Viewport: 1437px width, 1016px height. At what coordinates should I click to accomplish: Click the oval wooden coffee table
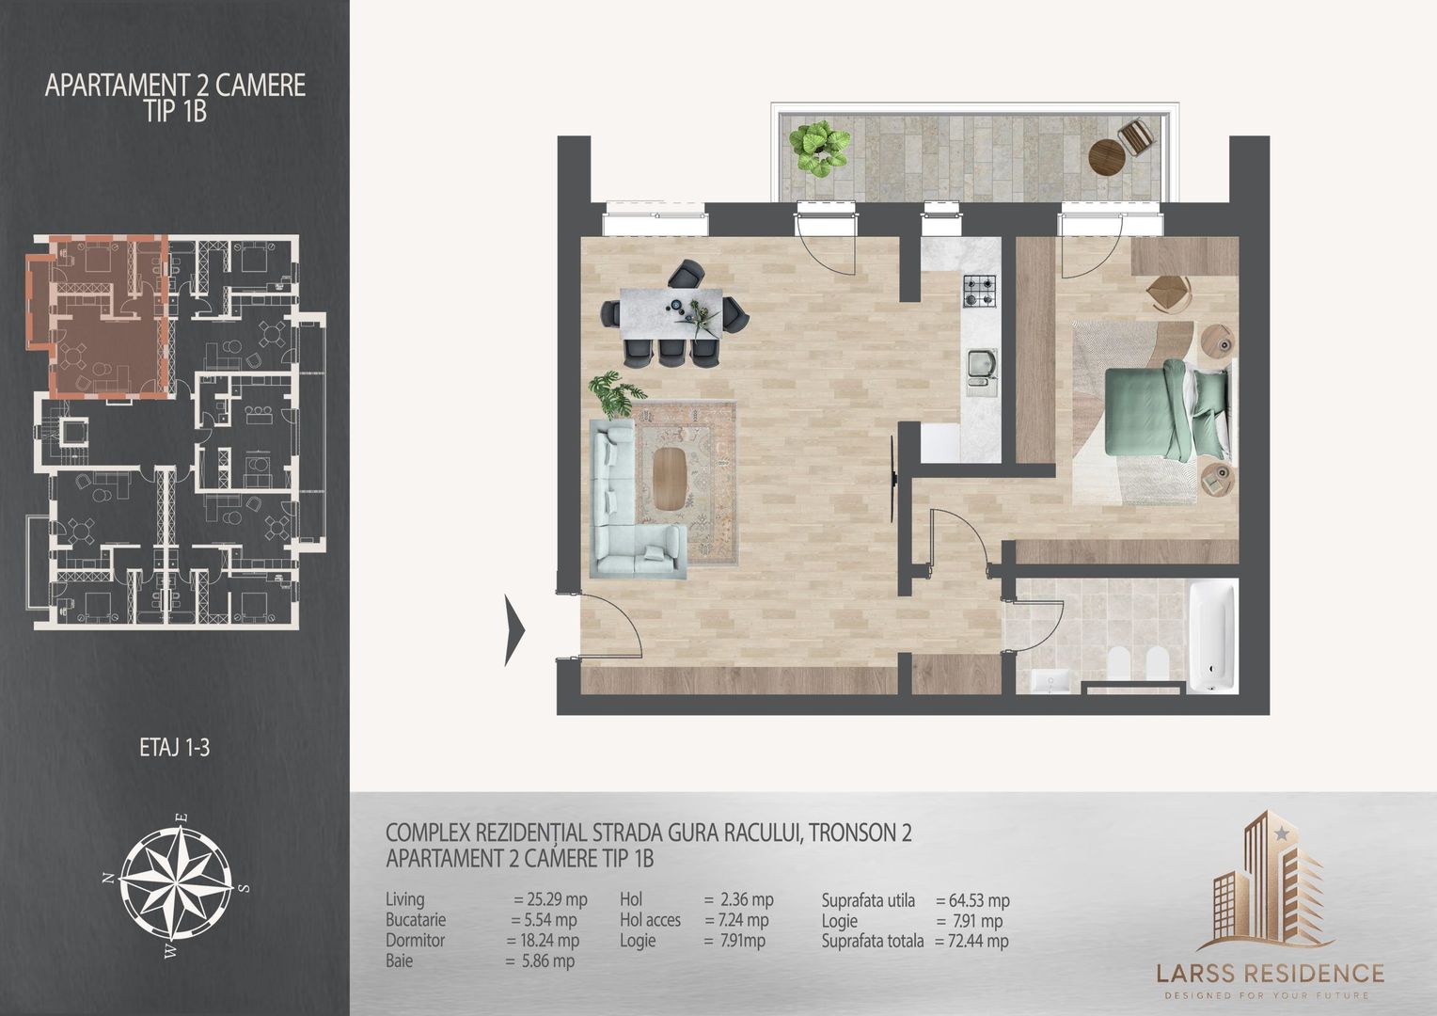tap(670, 478)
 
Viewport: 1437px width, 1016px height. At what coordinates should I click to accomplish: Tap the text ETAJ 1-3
tap(176, 750)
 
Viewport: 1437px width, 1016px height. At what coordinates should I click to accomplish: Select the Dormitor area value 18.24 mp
tap(545, 940)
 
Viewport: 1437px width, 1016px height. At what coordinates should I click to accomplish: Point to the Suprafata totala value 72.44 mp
tap(972, 941)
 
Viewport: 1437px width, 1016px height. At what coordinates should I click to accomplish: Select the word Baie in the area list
tap(399, 961)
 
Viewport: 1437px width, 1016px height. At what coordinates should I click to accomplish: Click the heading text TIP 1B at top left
tap(176, 111)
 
